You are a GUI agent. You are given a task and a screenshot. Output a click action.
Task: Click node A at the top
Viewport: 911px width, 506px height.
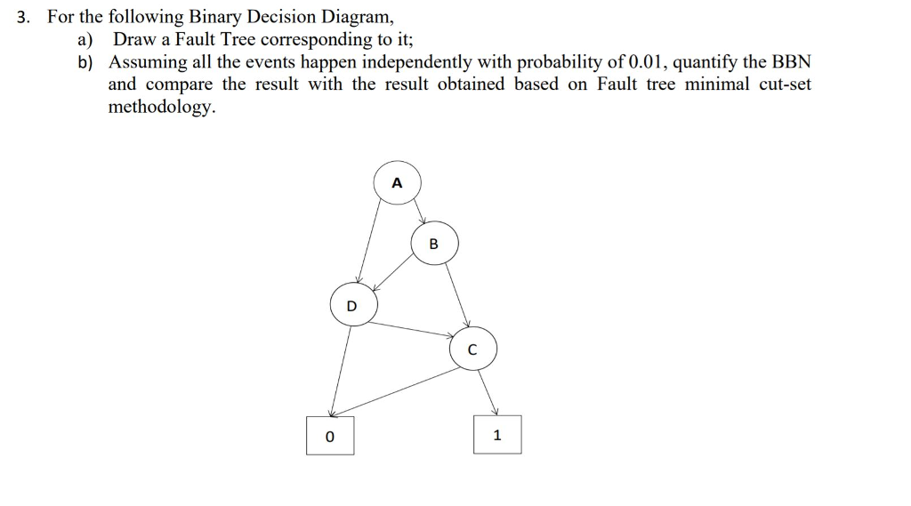click(x=397, y=182)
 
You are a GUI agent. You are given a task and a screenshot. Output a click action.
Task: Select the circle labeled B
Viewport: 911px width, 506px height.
click(x=434, y=243)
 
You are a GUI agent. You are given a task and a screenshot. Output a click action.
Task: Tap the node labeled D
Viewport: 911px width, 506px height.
click(x=352, y=305)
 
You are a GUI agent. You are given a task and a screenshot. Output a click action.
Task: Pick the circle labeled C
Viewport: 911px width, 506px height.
click(x=472, y=349)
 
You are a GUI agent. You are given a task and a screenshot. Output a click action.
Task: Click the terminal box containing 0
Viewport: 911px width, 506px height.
click(x=329, y=436)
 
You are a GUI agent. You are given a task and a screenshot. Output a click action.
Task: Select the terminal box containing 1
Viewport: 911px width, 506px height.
click(x=496, y=435)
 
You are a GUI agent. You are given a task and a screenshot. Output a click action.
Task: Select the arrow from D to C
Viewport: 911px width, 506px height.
click(x=414, y=329)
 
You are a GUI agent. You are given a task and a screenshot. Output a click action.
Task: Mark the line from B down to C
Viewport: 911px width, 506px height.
click(x=456, y=293)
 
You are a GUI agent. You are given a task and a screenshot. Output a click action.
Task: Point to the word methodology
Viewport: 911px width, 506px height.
click(x=161, y=107)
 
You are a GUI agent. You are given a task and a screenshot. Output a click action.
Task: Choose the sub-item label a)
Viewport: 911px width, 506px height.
click(x=85, y=39)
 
